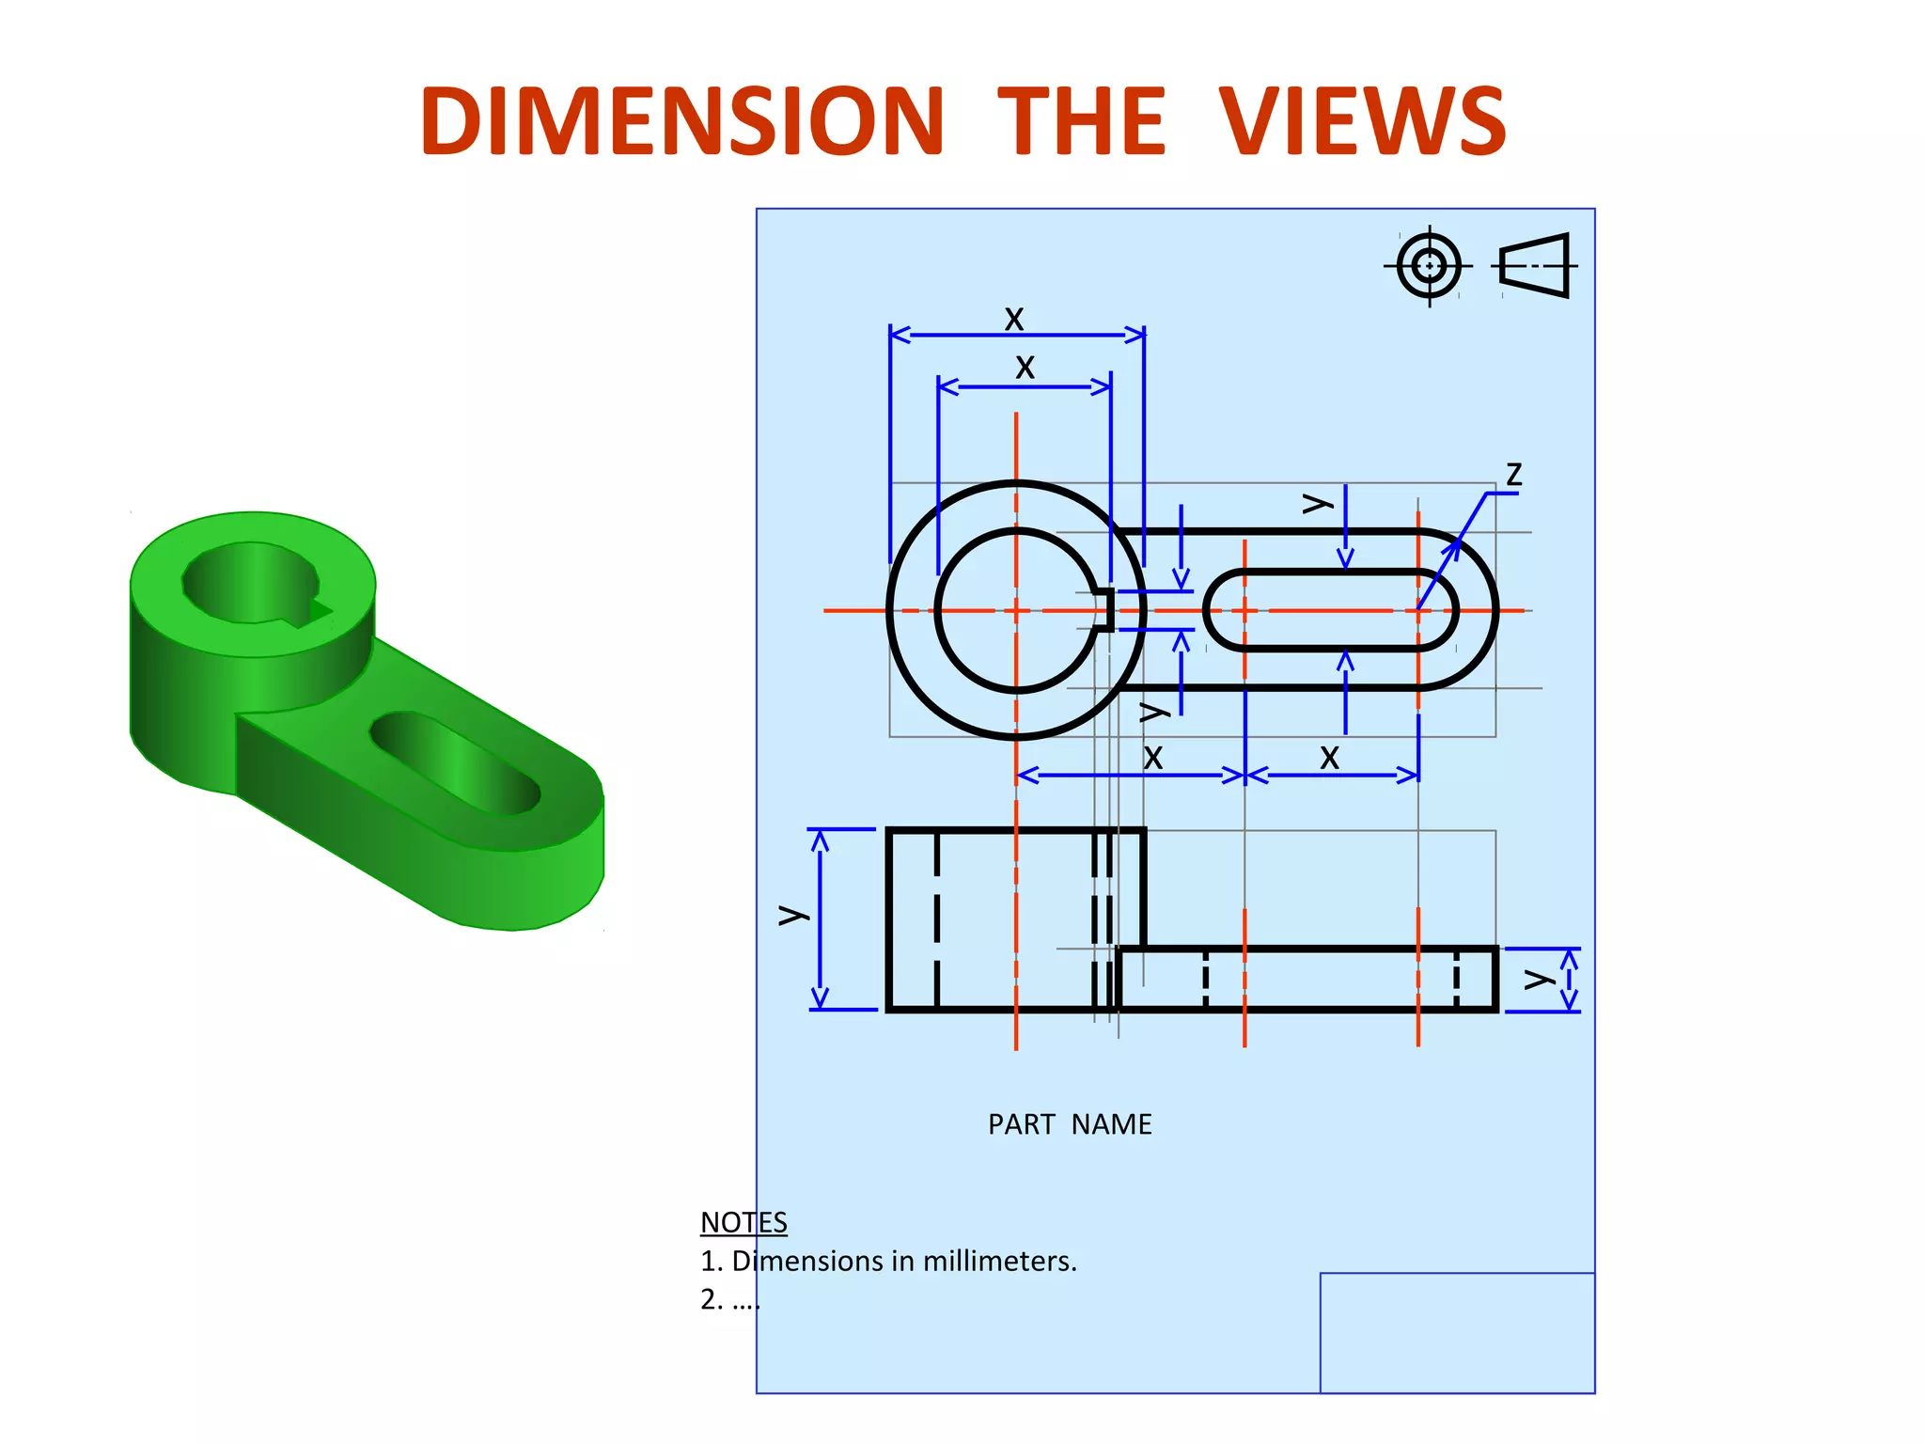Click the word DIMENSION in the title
681,122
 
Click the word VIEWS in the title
1363,122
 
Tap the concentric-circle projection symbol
1429,266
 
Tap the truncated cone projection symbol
1535,266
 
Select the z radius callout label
1513,474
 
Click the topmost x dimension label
1013,319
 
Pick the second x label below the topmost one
1025,367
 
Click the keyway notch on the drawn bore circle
1106,610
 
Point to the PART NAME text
1070,1124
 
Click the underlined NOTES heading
743,1222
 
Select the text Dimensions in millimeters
903,1261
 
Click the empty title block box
1457,1332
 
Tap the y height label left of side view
791,915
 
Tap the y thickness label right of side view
1538,980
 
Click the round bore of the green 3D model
251,583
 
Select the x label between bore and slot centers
1153,757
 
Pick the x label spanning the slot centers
1329,757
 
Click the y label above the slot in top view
1316,504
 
